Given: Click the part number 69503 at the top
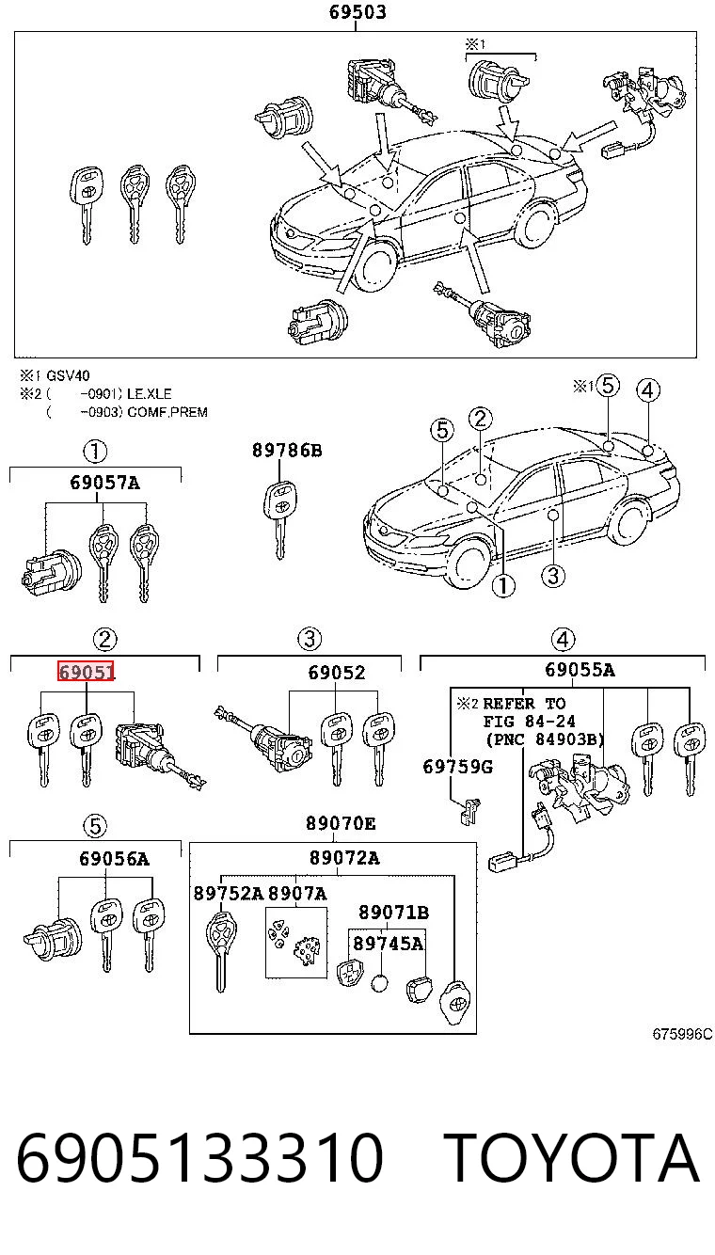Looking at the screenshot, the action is point(357,12).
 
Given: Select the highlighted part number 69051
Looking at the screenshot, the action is point(87,671).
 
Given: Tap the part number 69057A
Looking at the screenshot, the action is point(104,483).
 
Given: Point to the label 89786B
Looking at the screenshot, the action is point(287,450).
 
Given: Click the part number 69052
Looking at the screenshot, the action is point(336,673).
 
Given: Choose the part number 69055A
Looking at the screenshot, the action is point(580,670).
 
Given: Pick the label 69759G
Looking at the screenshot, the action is point(458,767).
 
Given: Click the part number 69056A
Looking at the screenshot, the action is point(115,858).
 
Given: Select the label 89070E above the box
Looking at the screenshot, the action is point(341,823).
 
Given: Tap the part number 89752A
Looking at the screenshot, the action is point(228,893).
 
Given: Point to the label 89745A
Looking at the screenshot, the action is point(388,944).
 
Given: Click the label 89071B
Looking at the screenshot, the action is point(393,913).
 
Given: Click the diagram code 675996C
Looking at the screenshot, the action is point(682,1034).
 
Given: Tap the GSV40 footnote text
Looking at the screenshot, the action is point(68,375).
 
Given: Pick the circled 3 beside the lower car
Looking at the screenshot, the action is point(552,576).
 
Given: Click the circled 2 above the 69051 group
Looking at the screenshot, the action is point(104,640).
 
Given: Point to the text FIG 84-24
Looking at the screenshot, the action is point(530,721).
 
